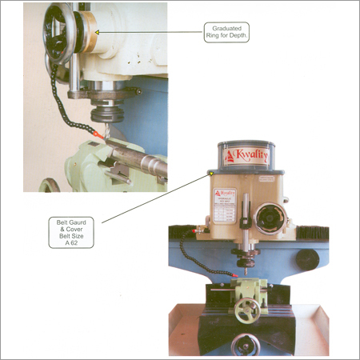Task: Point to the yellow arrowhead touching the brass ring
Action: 97,31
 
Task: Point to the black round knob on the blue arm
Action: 305,259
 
